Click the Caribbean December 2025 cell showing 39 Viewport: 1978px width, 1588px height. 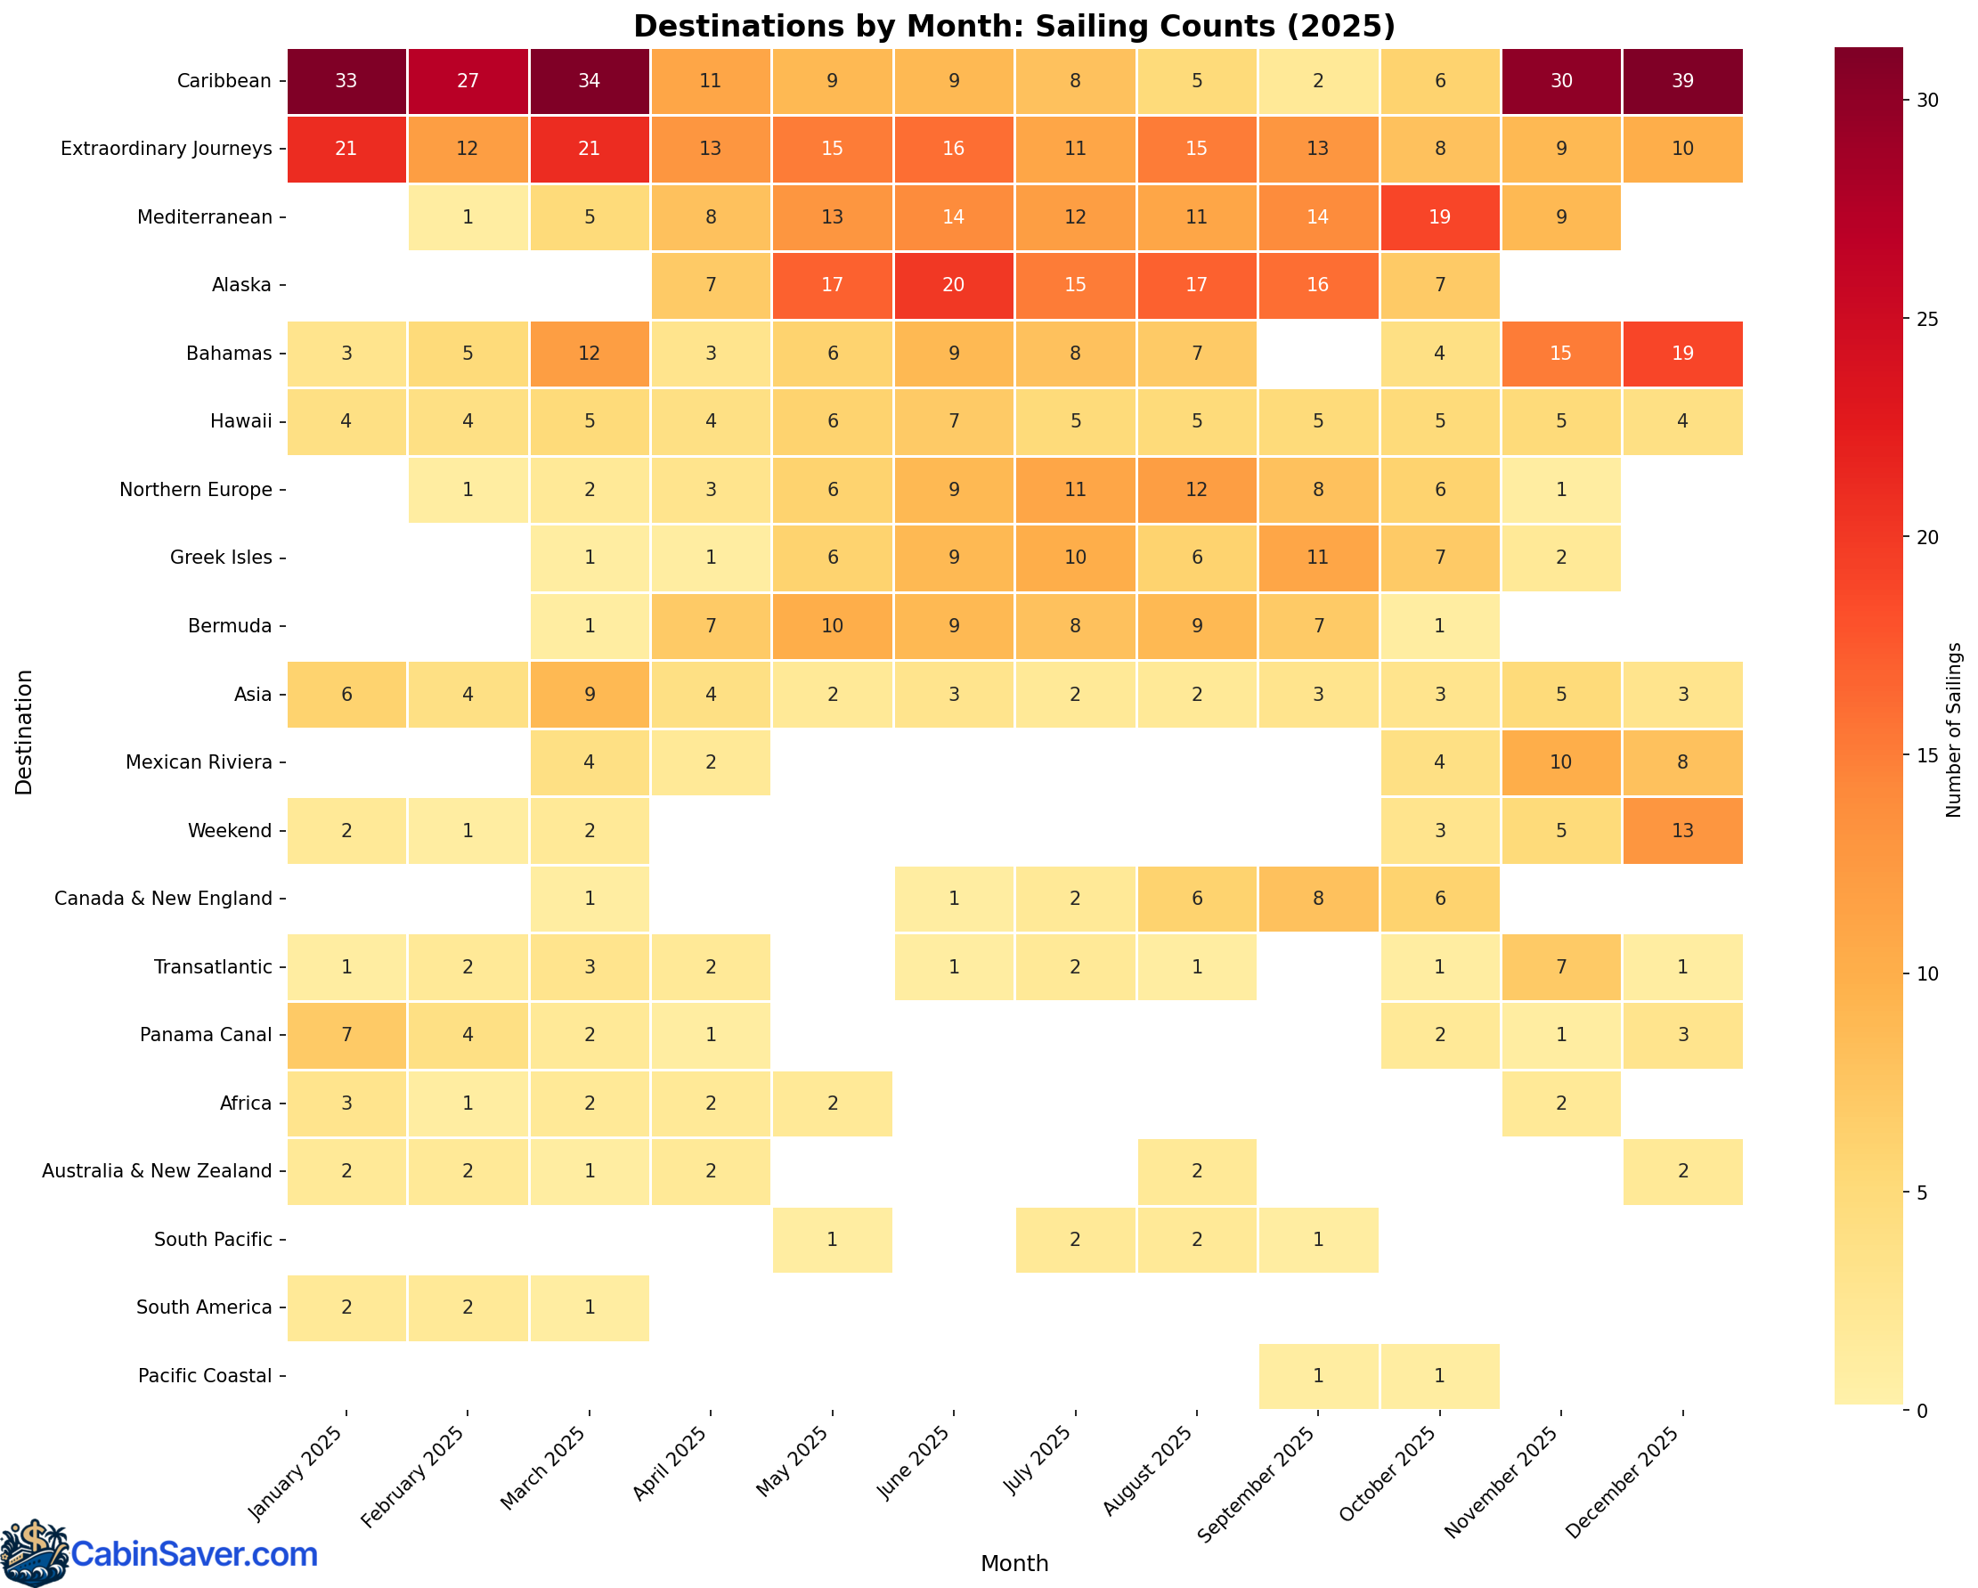pyautogui.click(x=1681, y=81)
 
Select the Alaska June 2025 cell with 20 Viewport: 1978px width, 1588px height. pyautogui.click(x=953, y=285)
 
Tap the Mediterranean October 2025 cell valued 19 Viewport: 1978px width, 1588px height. pyautogui.click(x=1439, y=217)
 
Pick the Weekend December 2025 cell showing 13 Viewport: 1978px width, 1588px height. pyautogui.click(x=1681, y=831)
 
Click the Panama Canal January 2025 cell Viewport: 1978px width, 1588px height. pyautogui.click(x=346, y=1036)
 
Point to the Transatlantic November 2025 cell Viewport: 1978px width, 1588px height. pyautogui.click(x=1560, y=967)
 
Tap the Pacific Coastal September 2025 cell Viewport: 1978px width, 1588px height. pyautogui.click(x=1317, y=1376)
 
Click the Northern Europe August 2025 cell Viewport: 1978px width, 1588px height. pyautogui.click(x=1196, y=490)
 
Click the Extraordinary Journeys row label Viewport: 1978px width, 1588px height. pyautogui.click(x=166, y=150)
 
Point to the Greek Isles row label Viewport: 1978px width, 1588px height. pyautogui.click(x=221, y=558)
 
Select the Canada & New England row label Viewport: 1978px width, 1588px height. pyautogui.click(x=163, y=899)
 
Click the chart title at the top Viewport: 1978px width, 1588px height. pyautogui.click(x=1013, y=26)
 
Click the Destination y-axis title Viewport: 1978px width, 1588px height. pyautogui.click(x=24, y=731)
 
